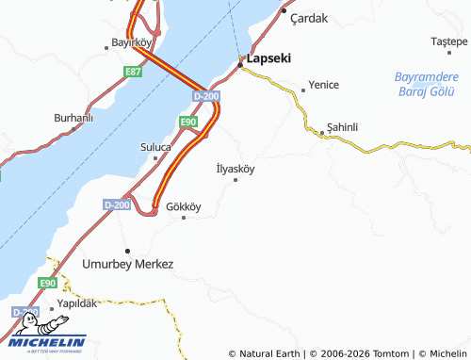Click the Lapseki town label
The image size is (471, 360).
tap(269, 57)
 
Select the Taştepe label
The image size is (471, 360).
tap(448, 41)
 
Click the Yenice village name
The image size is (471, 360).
tap(323, 85)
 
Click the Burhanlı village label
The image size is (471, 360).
tap(73, 117)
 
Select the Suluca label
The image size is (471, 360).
tap(155, 147)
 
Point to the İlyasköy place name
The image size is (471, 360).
tap(235, 169)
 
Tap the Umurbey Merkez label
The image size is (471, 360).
tap(128, 264)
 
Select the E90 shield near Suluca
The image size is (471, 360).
tap(188, 122)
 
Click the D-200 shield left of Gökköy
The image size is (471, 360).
tap(118, 205)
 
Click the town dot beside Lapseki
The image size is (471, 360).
tap(241, 58)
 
